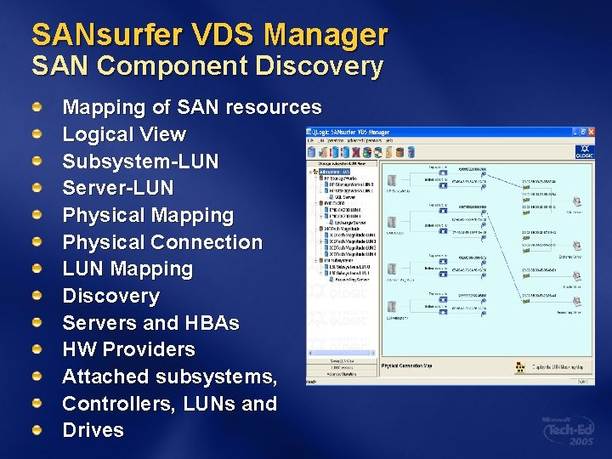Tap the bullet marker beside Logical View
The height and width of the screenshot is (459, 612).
(37, 134)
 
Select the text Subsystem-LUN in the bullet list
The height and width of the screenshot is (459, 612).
(140, 161)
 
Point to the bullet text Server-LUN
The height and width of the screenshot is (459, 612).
(117, 188)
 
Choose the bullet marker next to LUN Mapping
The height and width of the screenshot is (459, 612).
(37, 269)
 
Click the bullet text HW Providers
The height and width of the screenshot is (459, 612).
(128, 349)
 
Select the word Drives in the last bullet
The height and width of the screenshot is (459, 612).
(93, 430)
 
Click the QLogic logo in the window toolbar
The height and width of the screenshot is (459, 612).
(585, 151)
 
